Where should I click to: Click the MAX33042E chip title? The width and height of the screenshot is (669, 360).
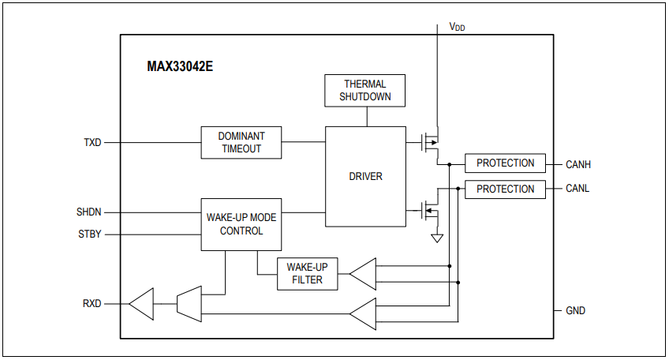(x=180, y=66)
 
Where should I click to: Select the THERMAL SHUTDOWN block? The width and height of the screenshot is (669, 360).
(x=365, y=91)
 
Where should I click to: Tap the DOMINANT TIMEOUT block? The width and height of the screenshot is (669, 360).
(x=241, y=142)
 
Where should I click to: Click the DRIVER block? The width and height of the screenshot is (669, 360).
(x=365, y=176)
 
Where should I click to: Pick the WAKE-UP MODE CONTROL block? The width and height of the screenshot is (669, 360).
(x=241, y=224)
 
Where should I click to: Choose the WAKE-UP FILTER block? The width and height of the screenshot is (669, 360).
(x=307, y=273)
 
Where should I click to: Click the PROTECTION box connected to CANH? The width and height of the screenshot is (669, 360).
(x=505, y=163)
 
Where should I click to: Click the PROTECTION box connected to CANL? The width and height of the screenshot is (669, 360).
(x=505, y=189)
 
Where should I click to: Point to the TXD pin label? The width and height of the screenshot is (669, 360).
(x=92, y=143)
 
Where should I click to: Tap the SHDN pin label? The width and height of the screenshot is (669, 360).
(x=88, y=212)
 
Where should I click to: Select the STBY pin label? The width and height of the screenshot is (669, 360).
(x=89, y=234)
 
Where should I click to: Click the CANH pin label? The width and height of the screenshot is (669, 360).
(x=578, y=164)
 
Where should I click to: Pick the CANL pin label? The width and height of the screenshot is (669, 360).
(x=577, y=189)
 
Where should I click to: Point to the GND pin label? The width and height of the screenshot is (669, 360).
(x=576, y=311)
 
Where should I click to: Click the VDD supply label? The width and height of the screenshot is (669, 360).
(x=457, y=27)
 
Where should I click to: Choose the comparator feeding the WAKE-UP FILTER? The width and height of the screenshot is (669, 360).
(x=362, y=274)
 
